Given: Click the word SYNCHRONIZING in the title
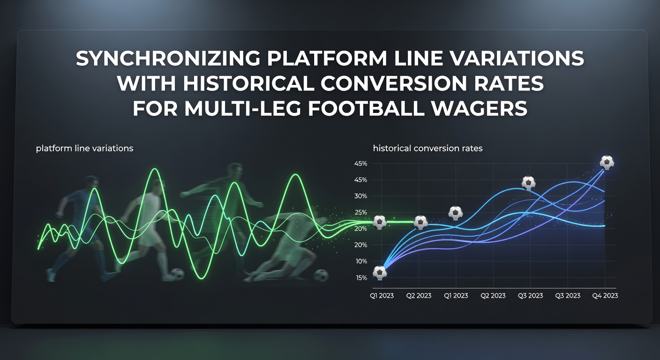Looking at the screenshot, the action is [x=168, y=58].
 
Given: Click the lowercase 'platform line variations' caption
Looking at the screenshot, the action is [x=84, y=148].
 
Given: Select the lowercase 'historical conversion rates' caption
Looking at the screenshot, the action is [x=428, y=148].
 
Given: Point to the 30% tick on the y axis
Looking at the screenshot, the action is [x=360, y=196].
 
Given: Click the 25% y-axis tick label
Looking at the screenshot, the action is [x=360, y=212].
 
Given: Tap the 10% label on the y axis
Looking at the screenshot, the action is [x=361, y=261].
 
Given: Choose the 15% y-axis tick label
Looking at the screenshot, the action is [x=361, y=278].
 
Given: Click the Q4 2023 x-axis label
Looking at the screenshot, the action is [x=605, y=295].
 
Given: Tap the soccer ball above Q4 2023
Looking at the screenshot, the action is [x=607, y=162].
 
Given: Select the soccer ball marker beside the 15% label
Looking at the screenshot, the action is [x=380, y=273].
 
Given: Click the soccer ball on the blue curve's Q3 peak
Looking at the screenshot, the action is [x=529, y=183].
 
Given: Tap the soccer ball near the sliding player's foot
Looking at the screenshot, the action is [x=321, y=276].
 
